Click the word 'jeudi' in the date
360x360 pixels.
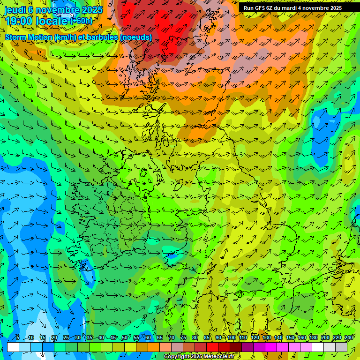(15, 9)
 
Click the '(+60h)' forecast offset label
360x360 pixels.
(81, 21)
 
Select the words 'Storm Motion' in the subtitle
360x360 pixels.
(28, 37)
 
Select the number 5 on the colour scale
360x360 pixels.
(17, 338)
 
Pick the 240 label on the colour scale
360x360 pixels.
(348, 338)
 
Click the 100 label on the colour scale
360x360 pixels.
(232, 338)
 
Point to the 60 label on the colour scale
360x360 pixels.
(148, 338)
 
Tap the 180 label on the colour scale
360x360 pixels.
(313, 338)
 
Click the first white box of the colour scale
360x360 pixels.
(13, 347)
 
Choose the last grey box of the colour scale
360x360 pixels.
(341, 347)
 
